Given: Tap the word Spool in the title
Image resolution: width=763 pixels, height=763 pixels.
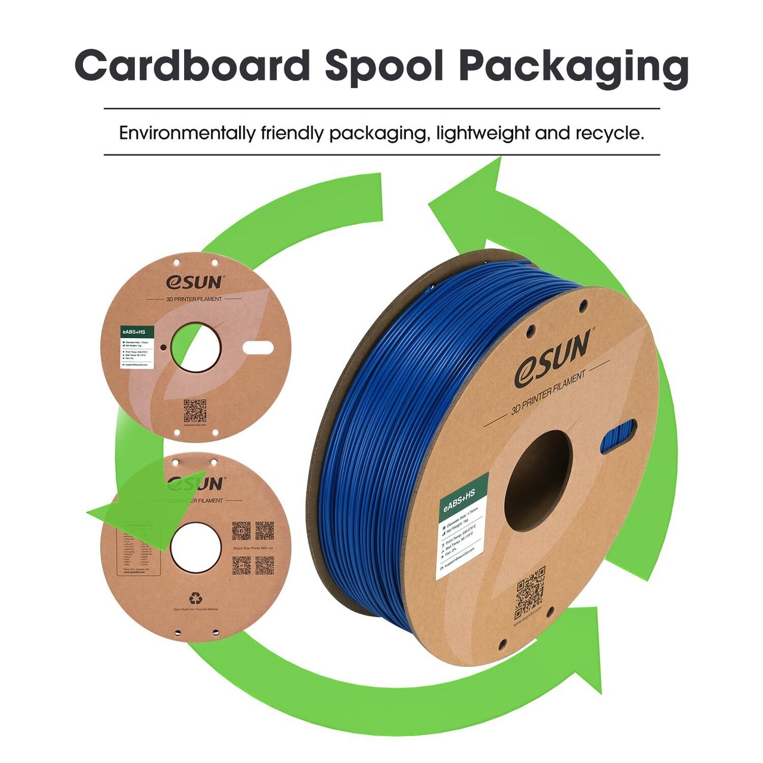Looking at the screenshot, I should click(384, 66).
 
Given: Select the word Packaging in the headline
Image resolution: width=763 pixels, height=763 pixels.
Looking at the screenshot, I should click(573, 66).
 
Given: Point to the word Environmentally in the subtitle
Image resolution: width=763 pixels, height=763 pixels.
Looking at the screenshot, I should click(187, 133).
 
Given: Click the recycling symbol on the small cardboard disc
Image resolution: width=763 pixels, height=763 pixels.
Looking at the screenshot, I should click(196, 598).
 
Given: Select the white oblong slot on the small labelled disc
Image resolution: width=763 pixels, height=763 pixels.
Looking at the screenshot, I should click(258, 348).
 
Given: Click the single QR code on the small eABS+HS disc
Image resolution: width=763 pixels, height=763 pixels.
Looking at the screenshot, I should click(195, 411).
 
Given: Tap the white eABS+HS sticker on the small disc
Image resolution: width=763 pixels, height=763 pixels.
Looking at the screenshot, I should click(137, 348).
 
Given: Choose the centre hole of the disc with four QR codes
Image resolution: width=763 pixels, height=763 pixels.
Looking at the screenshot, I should click(195, 548).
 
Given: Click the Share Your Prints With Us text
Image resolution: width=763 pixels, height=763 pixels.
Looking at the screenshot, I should click(253, 548).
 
